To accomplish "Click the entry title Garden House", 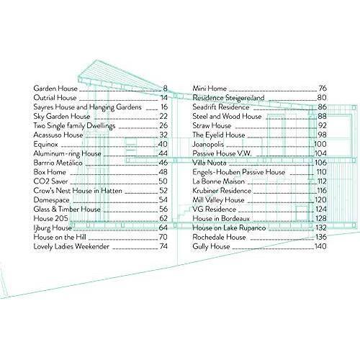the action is pyautogui.click(x=55, y=89).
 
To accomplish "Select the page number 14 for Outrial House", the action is pyautogui.click(x=164, y=98).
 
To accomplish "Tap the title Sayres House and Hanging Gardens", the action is pyautogui.click(x=87, y=107).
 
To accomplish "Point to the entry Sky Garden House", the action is pyautogui.click(x=62, y=117).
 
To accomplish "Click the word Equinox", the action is pyautogui.click(x=45, y=145).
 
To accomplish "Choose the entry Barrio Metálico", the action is pyautogui.click(x=58, y=163).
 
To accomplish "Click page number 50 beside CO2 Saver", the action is pyautogui.click(x=163, y=181).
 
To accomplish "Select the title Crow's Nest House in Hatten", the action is pyautogui.click(x=78, y=191).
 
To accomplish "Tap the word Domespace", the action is pyautogui.click(x=51, y=200).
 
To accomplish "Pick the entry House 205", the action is pyautogui.click(x=50, y=218).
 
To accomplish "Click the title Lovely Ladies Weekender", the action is pyautogui.click(x=71, y=246).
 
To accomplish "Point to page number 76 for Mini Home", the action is pyautogui.click(x=323, y=89).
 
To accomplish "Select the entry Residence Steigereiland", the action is pyautogui.click(x=228, y=98).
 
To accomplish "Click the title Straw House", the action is pyautogui.click(x=212, y=125).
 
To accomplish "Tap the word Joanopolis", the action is pyautogui.click(x=208, y=145).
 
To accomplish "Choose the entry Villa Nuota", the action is pyautogui.click(x=210, y=163).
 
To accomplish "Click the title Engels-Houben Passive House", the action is pyautogui.click(x=239, y=172).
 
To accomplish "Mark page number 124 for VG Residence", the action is pyautogui.click(x=321, y=209).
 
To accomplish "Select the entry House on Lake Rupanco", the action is pyautogui.click(x=229, y=228).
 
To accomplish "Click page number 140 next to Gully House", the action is pyautogui.click(x=320, y=246).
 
